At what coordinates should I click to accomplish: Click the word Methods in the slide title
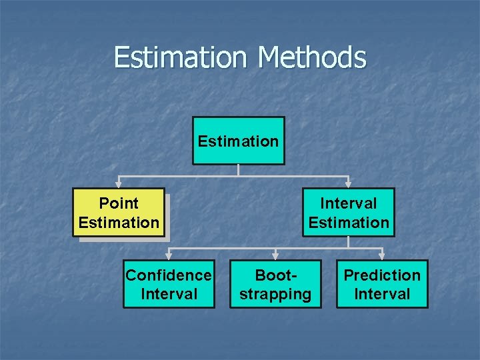(312, 57)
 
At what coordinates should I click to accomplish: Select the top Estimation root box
(238, 141)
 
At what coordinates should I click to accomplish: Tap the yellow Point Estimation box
(119, 213)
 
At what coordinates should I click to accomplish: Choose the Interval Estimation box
(348, 213)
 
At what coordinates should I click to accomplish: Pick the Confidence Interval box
(169, 284)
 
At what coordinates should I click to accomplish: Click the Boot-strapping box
(275, 284)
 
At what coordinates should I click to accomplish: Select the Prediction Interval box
(382, 284)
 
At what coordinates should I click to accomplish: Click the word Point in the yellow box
(119, 203)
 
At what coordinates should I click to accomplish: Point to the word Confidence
(169, 275)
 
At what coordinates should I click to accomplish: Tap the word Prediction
(382, 275)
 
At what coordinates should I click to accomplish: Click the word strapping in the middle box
(275, 294)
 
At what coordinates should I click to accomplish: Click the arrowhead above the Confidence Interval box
(169, 255)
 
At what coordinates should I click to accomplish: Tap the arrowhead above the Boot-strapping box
(275, 255)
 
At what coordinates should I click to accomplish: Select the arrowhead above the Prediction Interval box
(382, 255)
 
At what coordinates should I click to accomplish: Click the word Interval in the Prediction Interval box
(382, 294)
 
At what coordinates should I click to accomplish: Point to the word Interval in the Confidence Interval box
(169, 294)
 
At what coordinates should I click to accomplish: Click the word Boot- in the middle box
(275, 275)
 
